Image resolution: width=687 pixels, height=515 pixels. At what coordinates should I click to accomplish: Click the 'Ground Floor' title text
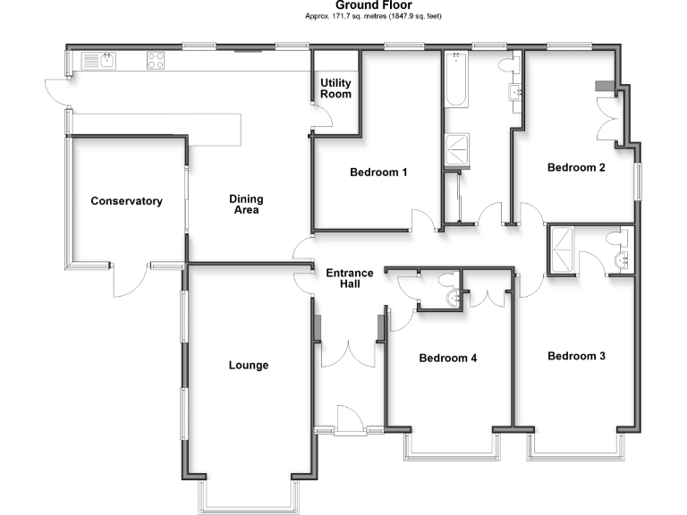tap(343, 5)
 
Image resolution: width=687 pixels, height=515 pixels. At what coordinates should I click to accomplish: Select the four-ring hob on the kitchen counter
tap(155, 62)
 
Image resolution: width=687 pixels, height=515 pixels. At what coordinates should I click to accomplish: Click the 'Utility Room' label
tap(335, 88)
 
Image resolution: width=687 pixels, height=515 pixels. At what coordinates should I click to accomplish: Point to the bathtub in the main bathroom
tap(455, 80)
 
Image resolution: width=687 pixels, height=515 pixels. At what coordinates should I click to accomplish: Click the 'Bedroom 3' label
tap(576, 356)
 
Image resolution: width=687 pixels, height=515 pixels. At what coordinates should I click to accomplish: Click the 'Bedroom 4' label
tap(448, 359)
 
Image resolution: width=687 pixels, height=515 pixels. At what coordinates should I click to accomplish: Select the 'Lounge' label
tap(248, 365)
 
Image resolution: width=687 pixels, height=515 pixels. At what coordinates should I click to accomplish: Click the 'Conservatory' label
tap(126, 201)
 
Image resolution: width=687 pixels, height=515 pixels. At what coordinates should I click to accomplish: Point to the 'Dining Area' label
tap(244, 205)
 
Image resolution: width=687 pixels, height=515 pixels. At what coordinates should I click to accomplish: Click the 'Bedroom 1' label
tap(378, 173)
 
